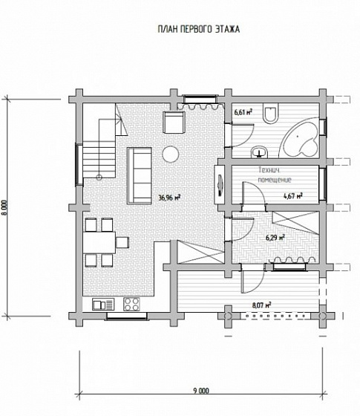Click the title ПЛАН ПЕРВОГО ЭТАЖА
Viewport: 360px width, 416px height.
[199, 29]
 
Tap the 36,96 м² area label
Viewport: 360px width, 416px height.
[169, 198]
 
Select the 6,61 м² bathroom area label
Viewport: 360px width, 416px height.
[243, 112]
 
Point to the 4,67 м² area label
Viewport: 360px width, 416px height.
[293, 196]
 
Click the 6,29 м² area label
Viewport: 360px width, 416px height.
[275, 238]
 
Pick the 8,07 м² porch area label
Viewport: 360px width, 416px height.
[261, 305]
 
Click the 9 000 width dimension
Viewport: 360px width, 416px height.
[200, 391]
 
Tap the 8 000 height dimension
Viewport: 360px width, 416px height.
[6, 208]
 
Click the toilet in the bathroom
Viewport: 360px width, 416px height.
[271, 113]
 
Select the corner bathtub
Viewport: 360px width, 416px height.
[300, 137]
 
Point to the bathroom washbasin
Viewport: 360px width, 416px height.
[259, 152]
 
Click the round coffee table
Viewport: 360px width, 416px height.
[171, 155]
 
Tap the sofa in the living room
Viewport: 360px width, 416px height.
[140, 175]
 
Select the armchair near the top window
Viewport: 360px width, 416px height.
[174, 123]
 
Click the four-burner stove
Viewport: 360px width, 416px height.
[132, 305]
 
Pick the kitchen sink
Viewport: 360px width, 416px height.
[103, 305]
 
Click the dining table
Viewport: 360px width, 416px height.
[99, 242]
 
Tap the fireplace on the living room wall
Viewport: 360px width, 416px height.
[220, 185]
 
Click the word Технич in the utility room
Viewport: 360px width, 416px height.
[269, 170]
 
